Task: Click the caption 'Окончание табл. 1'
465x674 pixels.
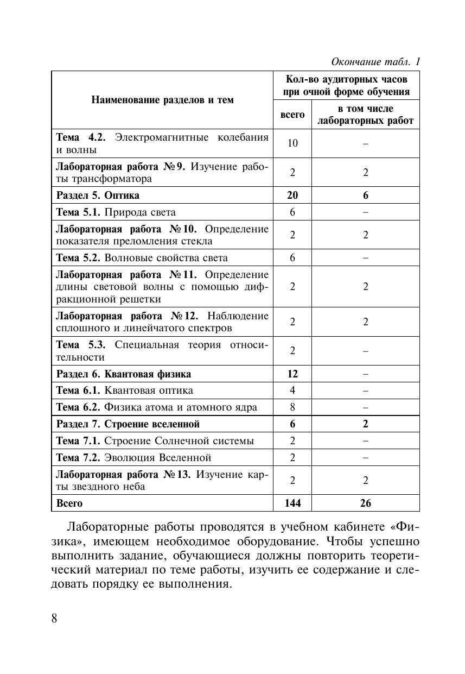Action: tap(376, 61)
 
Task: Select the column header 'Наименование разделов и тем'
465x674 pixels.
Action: tap(162, 100)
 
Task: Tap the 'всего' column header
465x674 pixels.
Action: tap(292, 115)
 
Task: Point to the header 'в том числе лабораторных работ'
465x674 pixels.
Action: tap(365, 115)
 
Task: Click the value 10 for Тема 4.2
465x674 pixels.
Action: tap(292, 143)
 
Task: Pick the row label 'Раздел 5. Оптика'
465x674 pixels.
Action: tap(98, 195)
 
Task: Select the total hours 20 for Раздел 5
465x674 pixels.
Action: tap(292, 195)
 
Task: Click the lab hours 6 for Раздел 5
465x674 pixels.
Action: tap(366, 195)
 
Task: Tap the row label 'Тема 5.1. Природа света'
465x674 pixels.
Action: tap(116, 212)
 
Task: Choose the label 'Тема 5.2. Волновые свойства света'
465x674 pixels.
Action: tap(142, 257)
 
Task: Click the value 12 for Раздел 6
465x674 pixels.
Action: tap(292, 374)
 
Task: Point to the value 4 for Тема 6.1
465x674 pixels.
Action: tap(292, 390)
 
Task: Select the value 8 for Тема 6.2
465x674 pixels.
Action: tap(292, 407)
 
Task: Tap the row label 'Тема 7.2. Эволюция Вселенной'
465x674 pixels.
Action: tap(134, 457)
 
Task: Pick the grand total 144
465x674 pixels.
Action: tap(292, 503)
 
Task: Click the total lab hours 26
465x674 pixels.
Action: tap(366, 503)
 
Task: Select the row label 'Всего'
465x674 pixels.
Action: tap(70, 503)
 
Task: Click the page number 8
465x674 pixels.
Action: tap(54, 619)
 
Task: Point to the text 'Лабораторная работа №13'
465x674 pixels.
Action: tap(124, 474)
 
